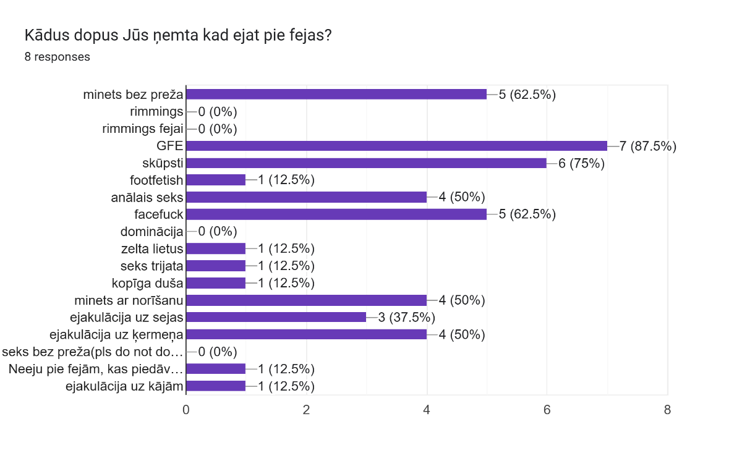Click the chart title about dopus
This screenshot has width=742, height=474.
pos(178,35)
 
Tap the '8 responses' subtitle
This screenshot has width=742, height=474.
pos(58,57)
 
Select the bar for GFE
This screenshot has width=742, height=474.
pos(396,146)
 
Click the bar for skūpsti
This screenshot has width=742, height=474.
pos(366,163)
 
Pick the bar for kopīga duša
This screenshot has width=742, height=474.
pos(216,283)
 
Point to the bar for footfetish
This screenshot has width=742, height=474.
pos(216,180)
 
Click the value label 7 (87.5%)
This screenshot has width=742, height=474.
pos(648,146)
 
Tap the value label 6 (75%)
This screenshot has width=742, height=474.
pos(581,163)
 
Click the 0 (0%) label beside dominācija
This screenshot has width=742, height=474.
pos(218,232)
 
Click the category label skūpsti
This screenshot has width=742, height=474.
pos(163,163)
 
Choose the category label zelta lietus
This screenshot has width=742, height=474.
pos(152,249)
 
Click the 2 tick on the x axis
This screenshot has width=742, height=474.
pos(306,409)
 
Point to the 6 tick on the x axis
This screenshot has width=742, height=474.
pos(547,409)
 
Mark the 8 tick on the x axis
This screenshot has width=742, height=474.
pos(667,409)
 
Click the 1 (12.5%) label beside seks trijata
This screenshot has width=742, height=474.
pos(286,266)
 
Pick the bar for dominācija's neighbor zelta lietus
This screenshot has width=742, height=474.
pos(216,248)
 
